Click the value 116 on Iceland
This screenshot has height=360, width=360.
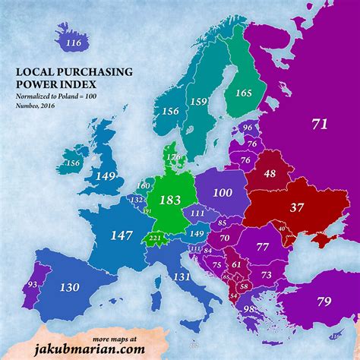(x=73, y=44)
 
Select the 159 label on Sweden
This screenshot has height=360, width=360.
(x=199, y=102)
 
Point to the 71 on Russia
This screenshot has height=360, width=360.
(x=320, y=123)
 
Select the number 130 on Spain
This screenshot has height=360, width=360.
(x=68, y=288)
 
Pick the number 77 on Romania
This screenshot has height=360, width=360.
(x=263, y=248)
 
